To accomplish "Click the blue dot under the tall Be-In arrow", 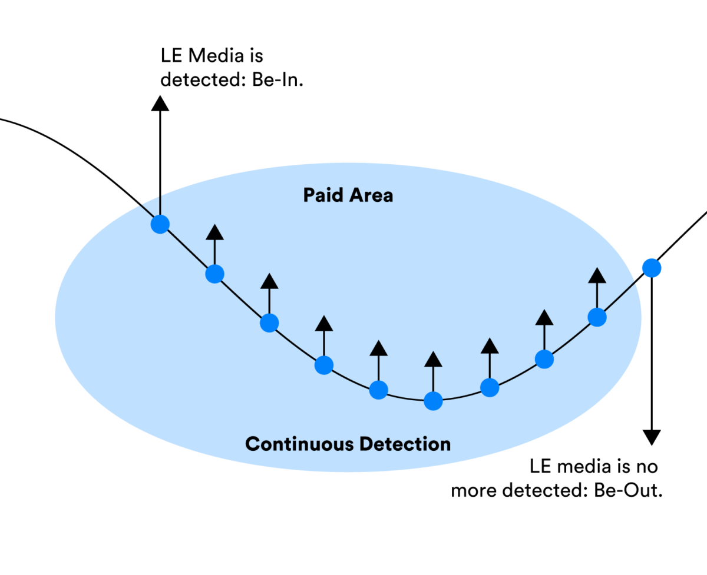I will (x=160, y=224).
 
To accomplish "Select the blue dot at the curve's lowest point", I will (x=433, y=401).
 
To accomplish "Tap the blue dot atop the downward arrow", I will (x=651, y=268).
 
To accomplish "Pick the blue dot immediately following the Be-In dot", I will (x=214, y=273).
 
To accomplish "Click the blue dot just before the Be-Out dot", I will (x=597, y=317).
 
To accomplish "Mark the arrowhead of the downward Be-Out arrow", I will (x=651, y=437).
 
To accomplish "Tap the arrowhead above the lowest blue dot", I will (x=433, y=360).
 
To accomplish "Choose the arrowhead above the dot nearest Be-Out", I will (x=597, y=275).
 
